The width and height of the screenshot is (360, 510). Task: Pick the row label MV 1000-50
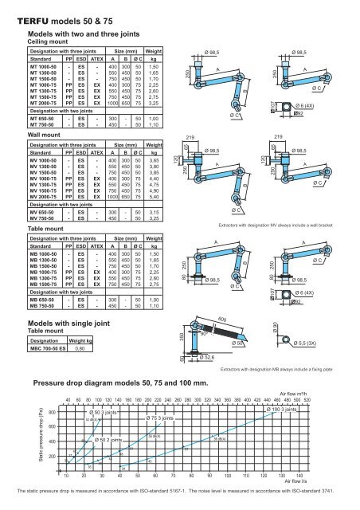(45, 160)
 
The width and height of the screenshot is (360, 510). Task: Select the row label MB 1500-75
(46, 283)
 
